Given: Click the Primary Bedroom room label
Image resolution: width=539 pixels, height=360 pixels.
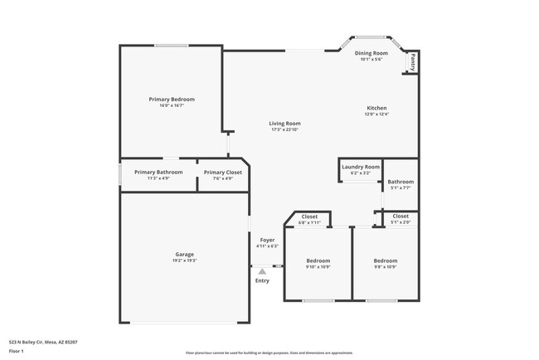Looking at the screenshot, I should (172, 100).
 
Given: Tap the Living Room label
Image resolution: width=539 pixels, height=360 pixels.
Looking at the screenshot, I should (284, 124).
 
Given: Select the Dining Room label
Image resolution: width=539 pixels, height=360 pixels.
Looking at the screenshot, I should (370, 53).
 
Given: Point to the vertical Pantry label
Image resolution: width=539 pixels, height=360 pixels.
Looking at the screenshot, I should (411, 61).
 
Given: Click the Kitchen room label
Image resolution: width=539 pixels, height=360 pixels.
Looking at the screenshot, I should (377, 108).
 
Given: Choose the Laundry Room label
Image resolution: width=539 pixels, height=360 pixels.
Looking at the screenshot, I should (361, 167).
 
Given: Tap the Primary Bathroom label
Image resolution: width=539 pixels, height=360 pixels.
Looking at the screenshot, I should (158, 172).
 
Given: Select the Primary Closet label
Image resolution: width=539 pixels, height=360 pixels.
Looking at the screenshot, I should (223, 172).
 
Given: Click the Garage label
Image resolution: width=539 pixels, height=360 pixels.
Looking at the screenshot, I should (184, 254).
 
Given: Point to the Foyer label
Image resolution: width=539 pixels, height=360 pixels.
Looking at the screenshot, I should (267, 240).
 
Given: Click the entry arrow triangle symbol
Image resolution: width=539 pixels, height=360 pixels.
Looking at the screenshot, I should (262, 270).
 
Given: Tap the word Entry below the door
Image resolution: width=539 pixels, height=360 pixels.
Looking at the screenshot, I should (262, 280).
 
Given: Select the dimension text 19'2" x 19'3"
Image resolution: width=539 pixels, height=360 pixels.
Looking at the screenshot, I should (184, 260).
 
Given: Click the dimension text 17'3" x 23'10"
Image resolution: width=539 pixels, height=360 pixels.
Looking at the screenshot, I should (284, 129).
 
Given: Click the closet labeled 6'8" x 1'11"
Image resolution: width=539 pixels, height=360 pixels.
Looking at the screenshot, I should (309, 219).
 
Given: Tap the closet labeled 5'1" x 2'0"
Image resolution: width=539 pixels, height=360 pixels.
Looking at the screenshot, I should (401, 219).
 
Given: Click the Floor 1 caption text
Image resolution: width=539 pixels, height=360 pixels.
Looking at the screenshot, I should (17, 351).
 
